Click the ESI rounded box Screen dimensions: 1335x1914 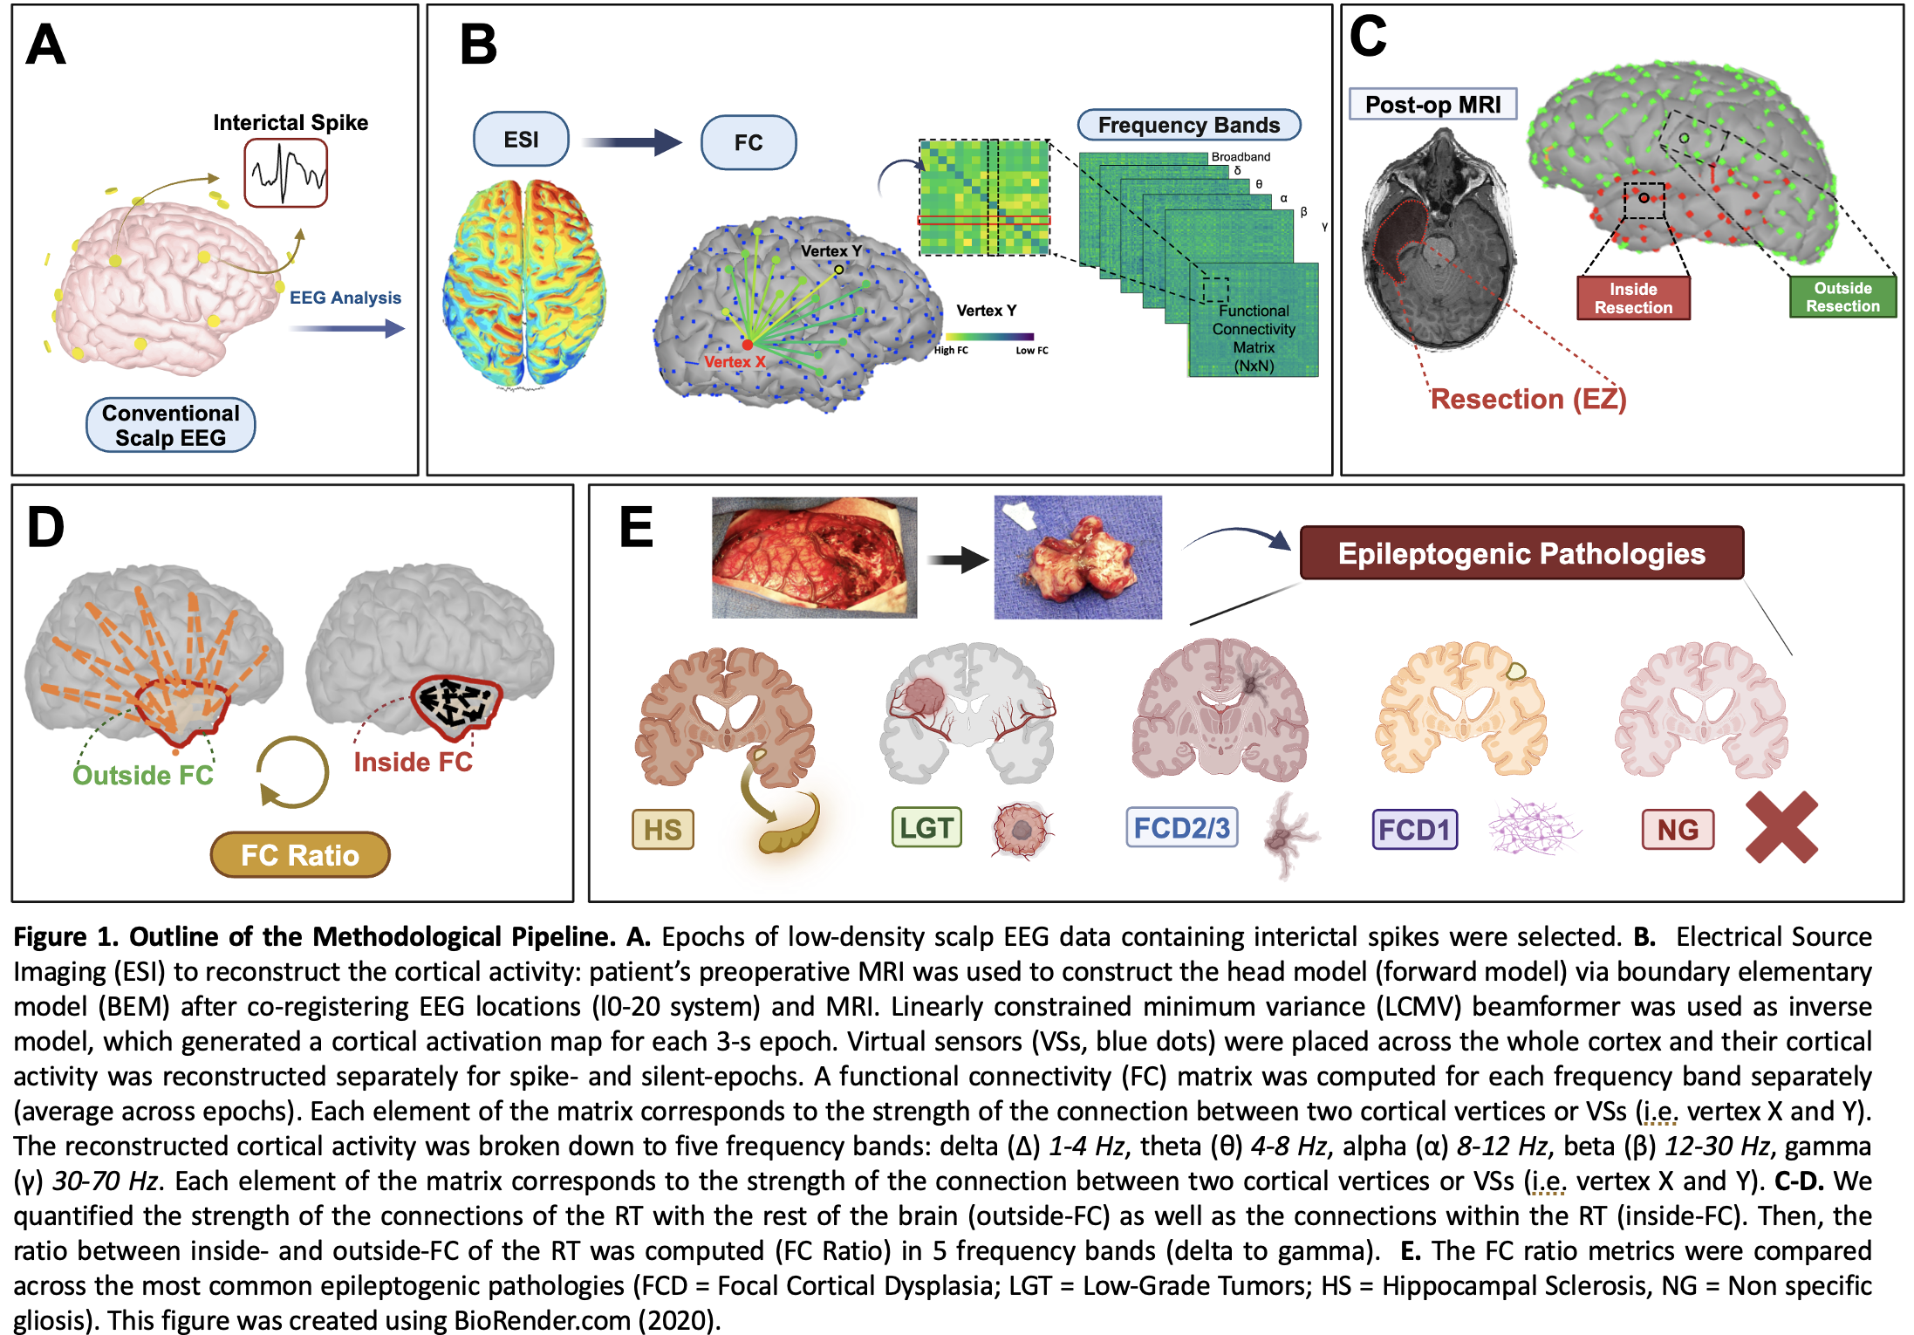(521, 140)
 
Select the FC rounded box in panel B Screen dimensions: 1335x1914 (749, 142)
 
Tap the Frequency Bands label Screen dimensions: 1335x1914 (1188, 125)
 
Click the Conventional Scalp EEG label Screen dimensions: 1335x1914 (171, 425)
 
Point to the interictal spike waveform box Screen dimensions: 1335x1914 (286, 174)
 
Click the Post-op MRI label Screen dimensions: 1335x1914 (1432, 105)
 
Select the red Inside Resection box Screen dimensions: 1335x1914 (1633, 298)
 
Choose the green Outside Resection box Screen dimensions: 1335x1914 (1842, 298)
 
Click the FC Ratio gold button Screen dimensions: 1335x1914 (300, 855)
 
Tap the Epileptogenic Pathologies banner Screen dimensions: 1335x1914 (1521, 553)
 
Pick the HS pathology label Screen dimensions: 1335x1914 (663, 829)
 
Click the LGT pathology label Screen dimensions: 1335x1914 (926, 827)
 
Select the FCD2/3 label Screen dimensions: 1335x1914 (1181, 827)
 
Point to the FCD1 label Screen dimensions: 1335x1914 (1414, 829)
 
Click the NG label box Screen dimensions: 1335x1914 (1678, 829)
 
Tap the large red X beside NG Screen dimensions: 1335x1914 (1781, 827)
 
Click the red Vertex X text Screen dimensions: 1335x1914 (735, 362)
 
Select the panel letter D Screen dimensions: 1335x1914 (45, 528)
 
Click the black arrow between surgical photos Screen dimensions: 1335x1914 (957, 559)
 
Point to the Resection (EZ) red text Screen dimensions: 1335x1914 (1528, 399)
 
